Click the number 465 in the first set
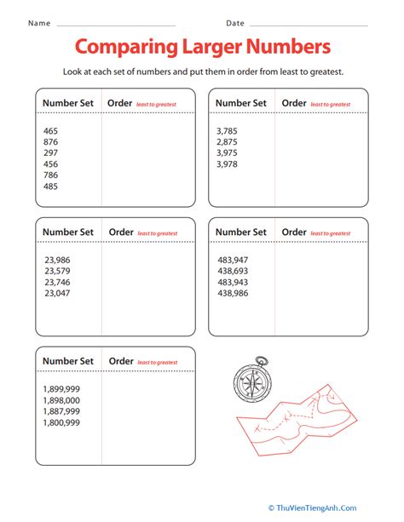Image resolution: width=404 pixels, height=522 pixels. coord(51,130)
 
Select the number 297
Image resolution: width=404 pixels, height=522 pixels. coord(51,152)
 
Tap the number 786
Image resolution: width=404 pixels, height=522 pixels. coord(51,175)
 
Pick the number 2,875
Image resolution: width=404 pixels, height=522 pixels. coord(228,141)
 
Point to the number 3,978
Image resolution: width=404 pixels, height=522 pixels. coord(228,163)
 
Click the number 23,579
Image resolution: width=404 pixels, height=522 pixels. coord(57,271)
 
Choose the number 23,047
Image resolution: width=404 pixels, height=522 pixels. coord(57,293)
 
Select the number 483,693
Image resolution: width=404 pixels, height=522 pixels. coord(233,270)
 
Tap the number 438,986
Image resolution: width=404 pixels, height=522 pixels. coord(233,292)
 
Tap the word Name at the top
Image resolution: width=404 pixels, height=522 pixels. coord(39,23)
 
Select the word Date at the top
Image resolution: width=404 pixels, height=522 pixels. coord(235,23)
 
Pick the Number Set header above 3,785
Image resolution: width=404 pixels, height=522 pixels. coord(241,103)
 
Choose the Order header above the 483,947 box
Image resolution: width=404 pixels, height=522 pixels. coord(295,232)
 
